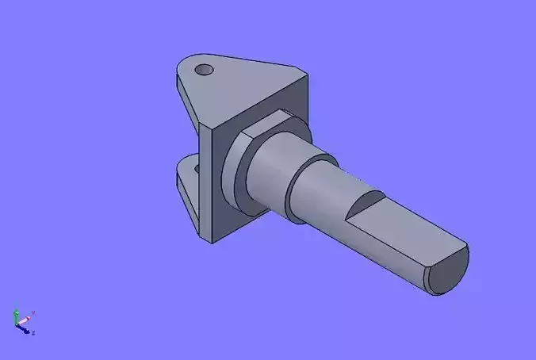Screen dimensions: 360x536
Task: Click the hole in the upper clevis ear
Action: [x=205, y=70]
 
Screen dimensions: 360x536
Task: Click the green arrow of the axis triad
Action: [x=16, y=316]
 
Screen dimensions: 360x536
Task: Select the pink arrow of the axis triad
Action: [x=25, y=318]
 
